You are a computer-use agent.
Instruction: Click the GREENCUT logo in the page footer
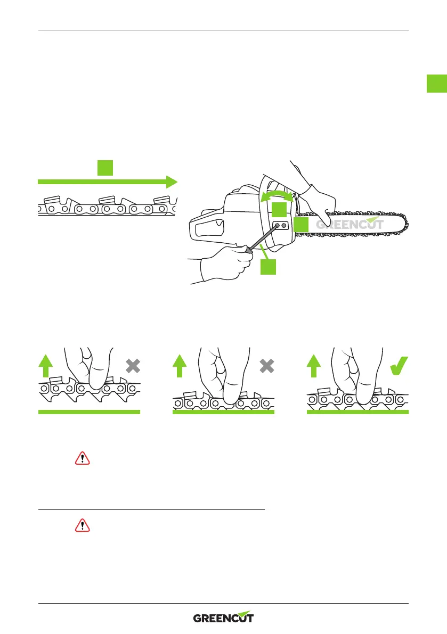point(223,617)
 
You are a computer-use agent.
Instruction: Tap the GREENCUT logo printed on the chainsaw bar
point(350,224)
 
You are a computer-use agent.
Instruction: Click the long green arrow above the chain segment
point(107,182)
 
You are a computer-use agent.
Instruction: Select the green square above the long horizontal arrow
point(104,168)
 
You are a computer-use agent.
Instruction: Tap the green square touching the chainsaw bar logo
point(302,224)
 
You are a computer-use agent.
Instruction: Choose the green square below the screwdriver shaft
point(268,266)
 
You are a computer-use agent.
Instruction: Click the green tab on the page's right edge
point(436,84)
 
